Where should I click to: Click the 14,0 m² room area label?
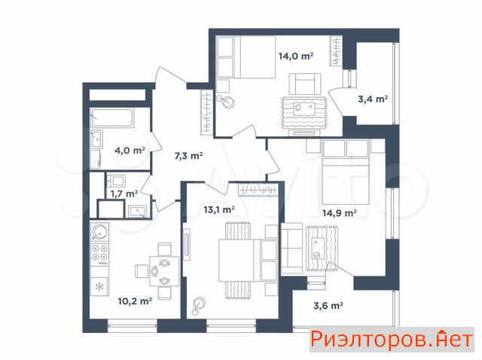(x=296, y=56)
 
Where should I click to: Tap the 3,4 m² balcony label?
(x=373, y=99)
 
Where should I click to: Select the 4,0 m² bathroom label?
(x=130, y=151)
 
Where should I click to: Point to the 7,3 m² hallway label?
(x=188, y=156)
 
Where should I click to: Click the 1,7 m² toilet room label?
(x=124, y=194)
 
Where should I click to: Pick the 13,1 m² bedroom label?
(x=219, y=209)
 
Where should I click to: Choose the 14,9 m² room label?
(x=340, y=212)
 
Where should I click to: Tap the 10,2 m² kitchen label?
(x=135, y=301)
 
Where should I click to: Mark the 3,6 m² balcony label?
(x=328, y=306)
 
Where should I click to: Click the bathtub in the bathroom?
(x=112, y=117)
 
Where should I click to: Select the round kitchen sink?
(x=99, y=232)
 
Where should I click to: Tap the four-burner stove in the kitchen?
(x=99, y=255)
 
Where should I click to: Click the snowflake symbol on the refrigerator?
(x=99, y=287)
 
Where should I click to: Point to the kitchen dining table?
(x=164, y=271)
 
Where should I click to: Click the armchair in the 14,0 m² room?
(x=305, y=84)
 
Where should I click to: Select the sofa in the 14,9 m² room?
(x=291, y=249)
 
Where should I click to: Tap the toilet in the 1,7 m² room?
(x=116, y=181)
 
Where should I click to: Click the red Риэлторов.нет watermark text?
(x=392, y=340)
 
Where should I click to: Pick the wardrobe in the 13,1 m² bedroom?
(x=258, y=190)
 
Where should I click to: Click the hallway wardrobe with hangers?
(x=207, y=112)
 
